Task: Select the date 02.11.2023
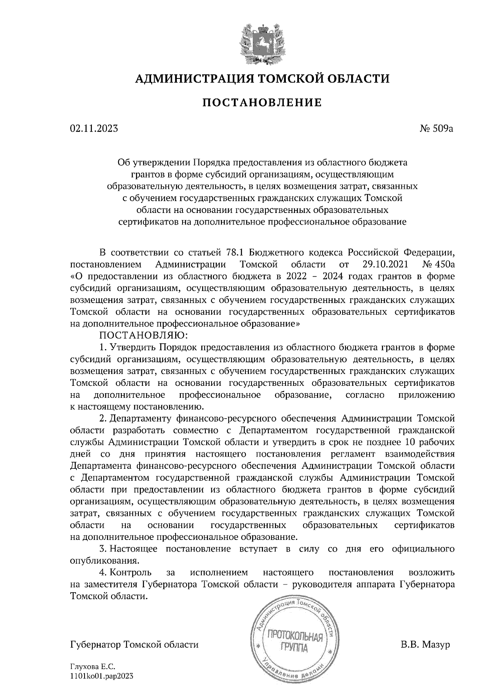(94, 129)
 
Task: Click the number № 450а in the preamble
(439, 264)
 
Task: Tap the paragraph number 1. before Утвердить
(103, 348)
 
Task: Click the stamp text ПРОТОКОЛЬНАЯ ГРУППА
(294, 642)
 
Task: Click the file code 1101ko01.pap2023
(102, 677)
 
